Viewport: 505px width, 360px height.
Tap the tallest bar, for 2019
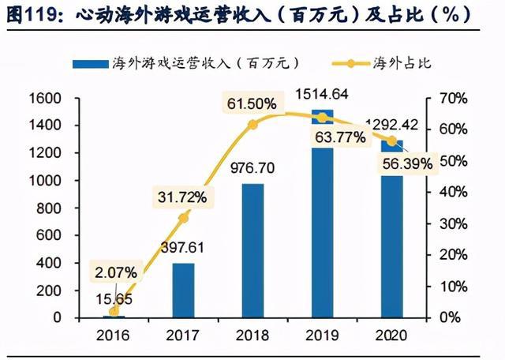321,221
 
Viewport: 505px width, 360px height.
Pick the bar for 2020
390,237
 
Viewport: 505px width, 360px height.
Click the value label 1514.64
322,96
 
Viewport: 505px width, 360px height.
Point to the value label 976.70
252,167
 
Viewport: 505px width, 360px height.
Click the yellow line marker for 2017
183,218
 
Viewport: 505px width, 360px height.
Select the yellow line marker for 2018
252,125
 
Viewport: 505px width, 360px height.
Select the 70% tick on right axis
451,98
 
